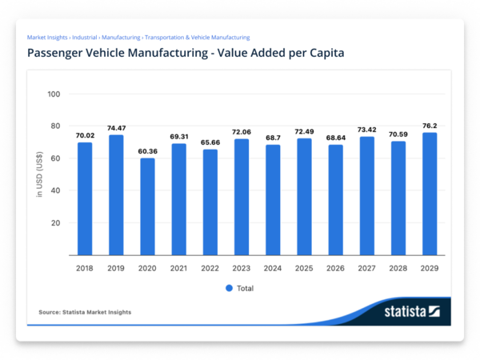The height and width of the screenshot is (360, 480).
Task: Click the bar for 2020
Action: (147, 206)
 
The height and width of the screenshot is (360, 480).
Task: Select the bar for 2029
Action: (430, 194)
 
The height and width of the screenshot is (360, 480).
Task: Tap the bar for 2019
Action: (116, 195)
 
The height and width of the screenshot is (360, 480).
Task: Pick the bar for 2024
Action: (273, 200)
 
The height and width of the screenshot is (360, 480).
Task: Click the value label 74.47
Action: (116, 127)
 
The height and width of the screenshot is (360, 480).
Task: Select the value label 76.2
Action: (430, 125)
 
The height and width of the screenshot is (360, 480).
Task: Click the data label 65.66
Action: (210, 142)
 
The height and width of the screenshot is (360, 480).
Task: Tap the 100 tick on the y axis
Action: (54, 94)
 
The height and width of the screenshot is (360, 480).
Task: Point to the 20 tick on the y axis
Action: (56, 222)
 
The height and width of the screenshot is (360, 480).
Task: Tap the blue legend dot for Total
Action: (228, 287)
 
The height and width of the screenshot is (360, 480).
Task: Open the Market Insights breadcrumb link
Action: (46, 37)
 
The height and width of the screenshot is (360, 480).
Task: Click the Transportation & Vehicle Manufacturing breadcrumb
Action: (197, 37)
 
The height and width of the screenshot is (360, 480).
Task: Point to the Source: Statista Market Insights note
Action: (85, 311)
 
